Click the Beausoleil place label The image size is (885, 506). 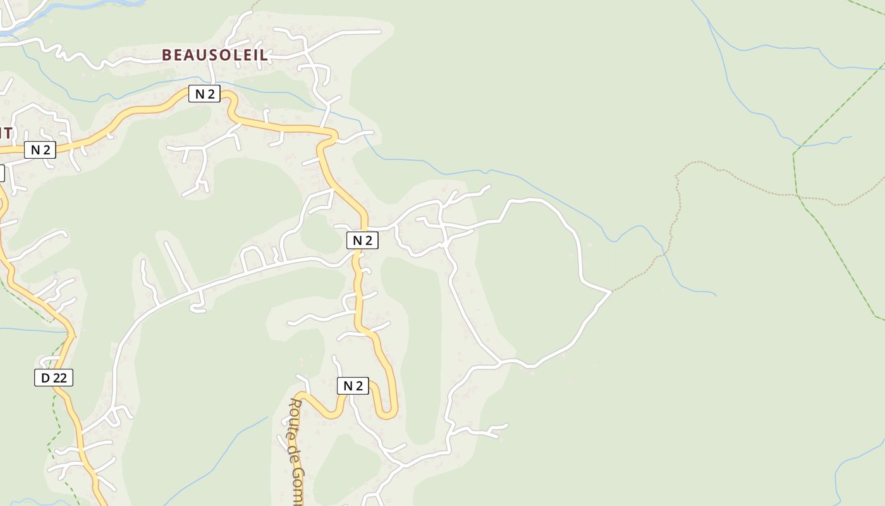tap(215, 55)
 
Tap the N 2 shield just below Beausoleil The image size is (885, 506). tap(204, 94)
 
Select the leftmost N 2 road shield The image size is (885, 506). tap(40, 150)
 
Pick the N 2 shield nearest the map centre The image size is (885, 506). tap(362, 240)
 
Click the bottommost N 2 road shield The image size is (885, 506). tap(352, 386)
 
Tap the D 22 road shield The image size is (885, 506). tap(54, 378)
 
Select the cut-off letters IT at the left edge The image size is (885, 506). tap(6, 133)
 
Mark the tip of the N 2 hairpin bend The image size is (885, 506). tap(386, 417)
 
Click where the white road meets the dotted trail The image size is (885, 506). tap(611, 292)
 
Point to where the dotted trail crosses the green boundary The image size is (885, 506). tap(799, 195)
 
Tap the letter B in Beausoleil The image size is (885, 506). tap(167, 55)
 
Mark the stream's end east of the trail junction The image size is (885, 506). tap(716, 295)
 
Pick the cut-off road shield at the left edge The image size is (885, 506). tap(1, 173)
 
